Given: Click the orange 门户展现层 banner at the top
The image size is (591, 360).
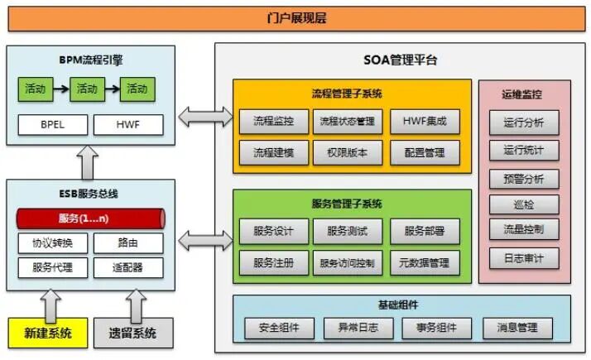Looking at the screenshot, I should coord(295,17).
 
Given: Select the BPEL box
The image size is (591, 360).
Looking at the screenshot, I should coord(51,125).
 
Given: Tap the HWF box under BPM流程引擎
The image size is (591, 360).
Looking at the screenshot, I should coord(127,125).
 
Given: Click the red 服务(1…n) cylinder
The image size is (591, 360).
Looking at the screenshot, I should coord(90,218).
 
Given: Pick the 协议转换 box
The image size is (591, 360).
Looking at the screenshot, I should coord(52,243).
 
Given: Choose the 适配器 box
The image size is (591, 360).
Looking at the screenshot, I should coord(127,267).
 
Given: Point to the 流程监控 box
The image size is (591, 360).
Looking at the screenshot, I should coord(273,121).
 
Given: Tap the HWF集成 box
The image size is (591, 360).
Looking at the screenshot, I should coord(424,121).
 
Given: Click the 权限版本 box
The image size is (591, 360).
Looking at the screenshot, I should coord(348,152).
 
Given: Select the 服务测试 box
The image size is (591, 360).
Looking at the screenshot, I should coord(348,231).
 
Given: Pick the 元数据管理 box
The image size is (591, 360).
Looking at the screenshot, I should coord(424,263).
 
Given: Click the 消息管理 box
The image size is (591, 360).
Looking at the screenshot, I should coord(517,328).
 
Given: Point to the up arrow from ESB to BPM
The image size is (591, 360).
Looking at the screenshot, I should coord(89,164).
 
